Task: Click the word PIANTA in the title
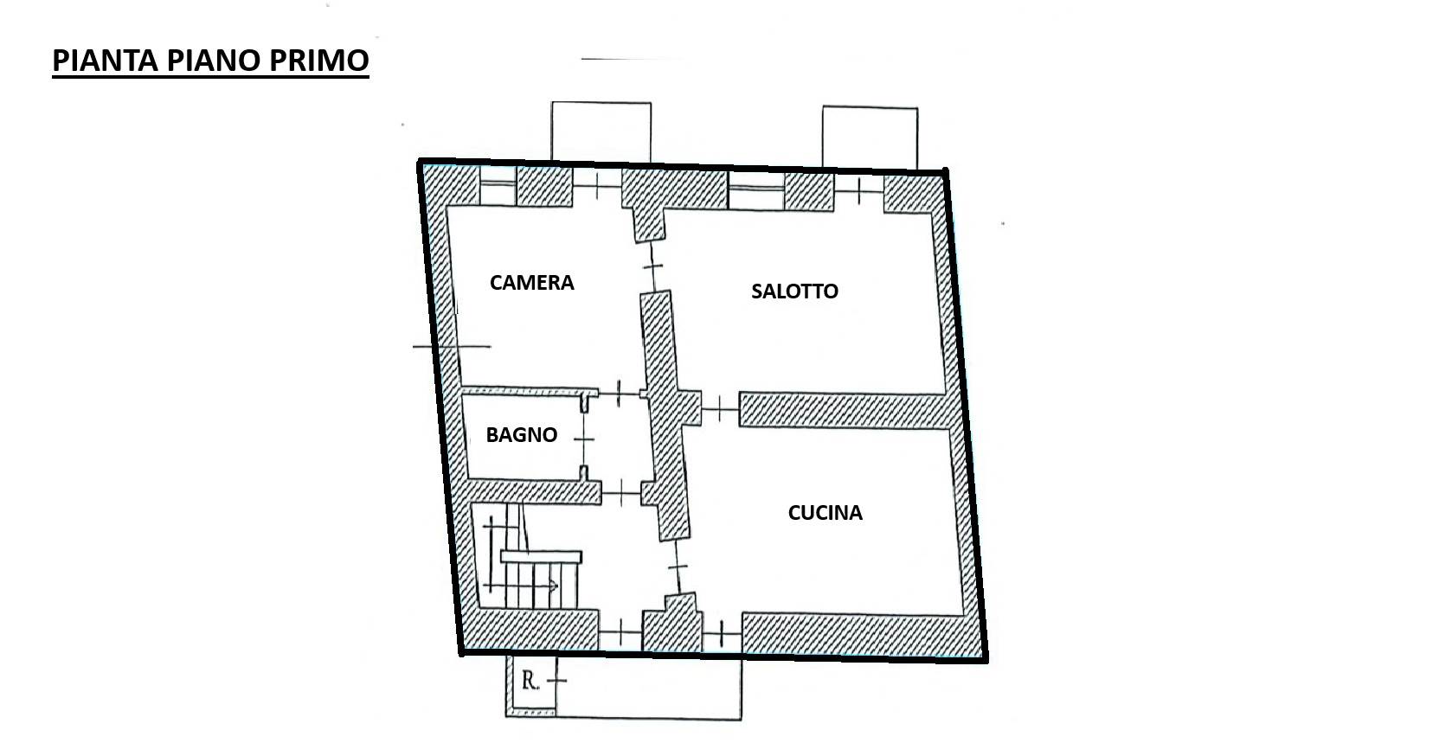pyautogui.click(x=106, y=61)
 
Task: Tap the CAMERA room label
pyautogui.click(x=532, y=283)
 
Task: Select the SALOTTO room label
pyautogui.click(x=794, y=291)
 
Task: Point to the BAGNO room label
pyautogui.click(x=522, y=435)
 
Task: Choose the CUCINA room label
pyautogui.click(x=825, y=512)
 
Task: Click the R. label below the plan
pyautogui.click(x=530, y=680)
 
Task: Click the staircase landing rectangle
pyautogui.click(x=541, y=557)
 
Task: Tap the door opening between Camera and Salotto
pyautogui.click(x=653, y=266)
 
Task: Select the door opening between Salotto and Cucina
pyautogui.click(x=720, y=408)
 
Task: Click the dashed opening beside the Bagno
pyautogui.click(x=584, y=439)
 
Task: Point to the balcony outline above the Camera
pyautogui.click(x=601, y=131)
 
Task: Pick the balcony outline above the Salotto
pyautogui.click(x=870, y=138)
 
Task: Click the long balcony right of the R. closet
pyautogui.click(x=648, y=687)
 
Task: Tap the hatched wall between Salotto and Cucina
pyautogui.click(x=845, y=410)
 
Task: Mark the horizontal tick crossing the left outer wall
pyautogui.click(x=452, y=347)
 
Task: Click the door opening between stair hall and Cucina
pyautogui.click(x=678, y=567)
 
